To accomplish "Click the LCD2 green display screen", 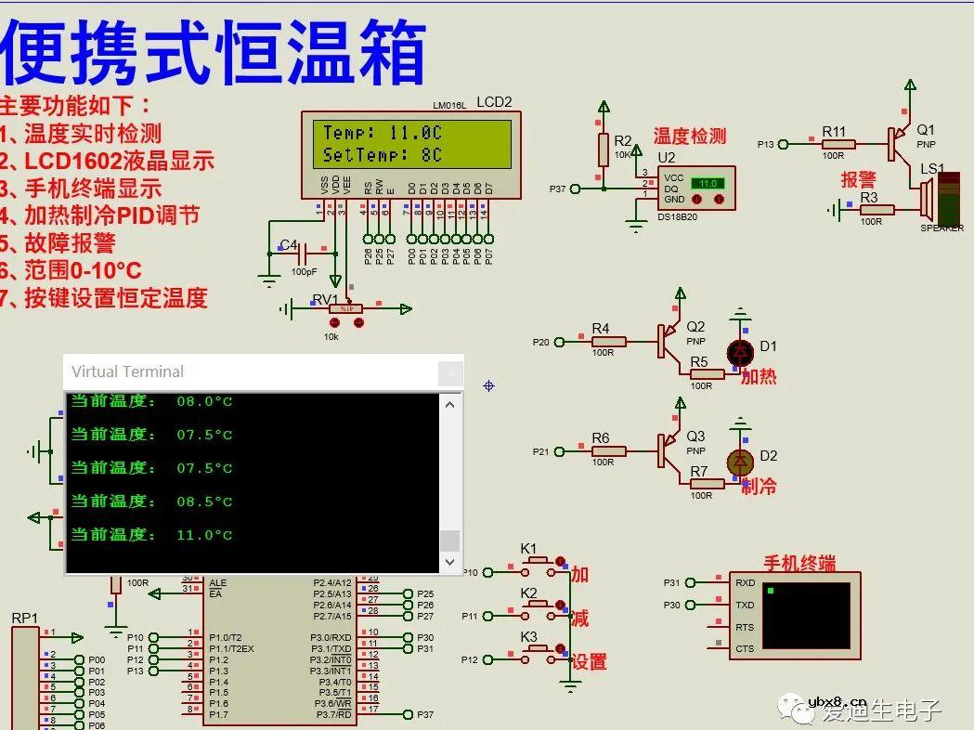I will tap(411, 144).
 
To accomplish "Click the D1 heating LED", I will tap(740, 352).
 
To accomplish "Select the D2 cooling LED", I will tap(740, 462).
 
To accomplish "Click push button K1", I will tap(538, 562).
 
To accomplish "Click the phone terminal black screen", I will tap(805, 615).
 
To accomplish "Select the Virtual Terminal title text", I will tap(128, 372).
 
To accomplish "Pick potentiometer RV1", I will tap(345, 308).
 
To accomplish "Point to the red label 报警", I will tap(859, 179).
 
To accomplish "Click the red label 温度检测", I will tap(689, 137).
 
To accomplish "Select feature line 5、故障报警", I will tap(58, 242).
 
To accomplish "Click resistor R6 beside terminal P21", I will tap(608, 451).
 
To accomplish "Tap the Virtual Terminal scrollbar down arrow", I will tap(449, 562).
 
